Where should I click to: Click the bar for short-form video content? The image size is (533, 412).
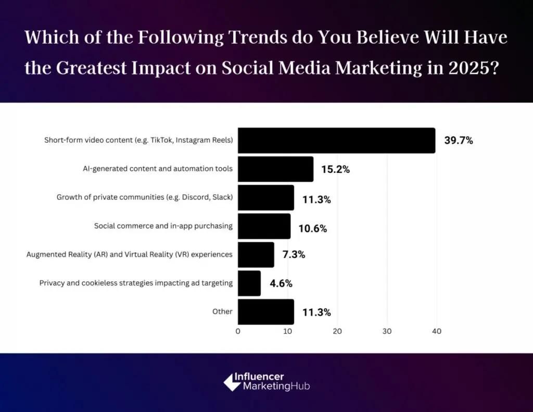[x=336, y=141]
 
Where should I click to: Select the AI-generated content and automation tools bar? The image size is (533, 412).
[x=275, y=169]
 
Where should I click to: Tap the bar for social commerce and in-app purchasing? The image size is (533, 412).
[x=264, y=226]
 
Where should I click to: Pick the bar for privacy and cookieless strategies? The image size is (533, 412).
[x=249, y=283]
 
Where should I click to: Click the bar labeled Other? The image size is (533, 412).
[x=265, y=311]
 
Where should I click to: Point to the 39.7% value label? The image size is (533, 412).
[x=458, y=141]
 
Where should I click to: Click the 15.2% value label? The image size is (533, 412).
[x=336, y=169]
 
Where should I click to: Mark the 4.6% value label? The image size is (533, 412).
[x=282, y=283]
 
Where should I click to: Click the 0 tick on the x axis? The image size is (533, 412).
[x=238, y=331]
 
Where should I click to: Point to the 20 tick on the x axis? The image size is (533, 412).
[x=337, y=331]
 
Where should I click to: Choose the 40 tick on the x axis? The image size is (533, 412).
[x=436, y=331]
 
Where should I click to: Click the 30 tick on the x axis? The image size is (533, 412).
[x=387, y=331]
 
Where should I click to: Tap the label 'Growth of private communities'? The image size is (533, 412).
[x=144, y=197]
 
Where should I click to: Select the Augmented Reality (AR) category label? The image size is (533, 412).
[x=129, y=255]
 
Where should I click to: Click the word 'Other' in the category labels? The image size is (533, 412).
[x=222, y=311]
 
